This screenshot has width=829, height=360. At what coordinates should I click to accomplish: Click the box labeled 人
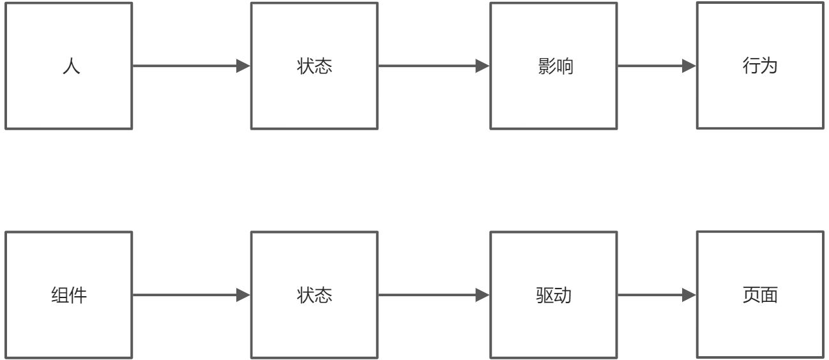pyautogui.click(x=69, y=66)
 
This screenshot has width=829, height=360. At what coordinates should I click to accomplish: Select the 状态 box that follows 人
pyautogui.click(x=314, y=66)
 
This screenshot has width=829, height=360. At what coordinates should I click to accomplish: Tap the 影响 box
pyautogui.click(x=554, y=66)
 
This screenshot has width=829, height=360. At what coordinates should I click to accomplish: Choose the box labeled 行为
pyautogui.click(x=760, y=65)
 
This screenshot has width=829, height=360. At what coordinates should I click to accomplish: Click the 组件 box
pyautogui.click(x=69, y=295)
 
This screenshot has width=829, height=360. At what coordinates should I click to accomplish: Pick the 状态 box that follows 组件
pyautogui.click(x=314, y=295)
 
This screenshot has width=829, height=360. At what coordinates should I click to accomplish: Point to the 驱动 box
pyautogui.click(x=554, y=295)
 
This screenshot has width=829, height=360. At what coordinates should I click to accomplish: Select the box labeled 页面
pyautogui.click(x=760, y=294)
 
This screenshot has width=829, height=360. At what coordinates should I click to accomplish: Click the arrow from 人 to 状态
pyautogui.click(x=185, y=66)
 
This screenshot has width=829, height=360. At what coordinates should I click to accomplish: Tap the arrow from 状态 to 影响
pyautogui.click(x=428, y=66)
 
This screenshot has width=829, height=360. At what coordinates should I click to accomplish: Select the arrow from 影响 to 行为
pyautogui.click(x=651, y=66)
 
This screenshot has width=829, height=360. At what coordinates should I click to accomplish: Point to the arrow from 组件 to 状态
pyautogui.click(x=185, y=295)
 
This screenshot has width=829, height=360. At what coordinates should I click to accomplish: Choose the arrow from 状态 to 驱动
pyautogui.click(x=428, y=295)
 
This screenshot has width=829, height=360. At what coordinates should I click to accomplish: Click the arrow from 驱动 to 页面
pyautogui.click(x=651, y=295)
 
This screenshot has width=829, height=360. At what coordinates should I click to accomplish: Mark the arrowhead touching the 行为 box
pyautogui.click(x=688, y=66)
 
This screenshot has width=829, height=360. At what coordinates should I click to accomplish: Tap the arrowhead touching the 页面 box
pyautogui.click(x=688, y=295)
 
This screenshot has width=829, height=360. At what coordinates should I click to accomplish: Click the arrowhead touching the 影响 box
pyautogui.click(x=482, y=66)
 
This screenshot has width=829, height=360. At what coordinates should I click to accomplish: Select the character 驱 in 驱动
pyautogui.click(x=545, y=296)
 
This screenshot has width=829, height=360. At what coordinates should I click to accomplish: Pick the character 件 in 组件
pyautogui.click(x=79, y=296)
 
